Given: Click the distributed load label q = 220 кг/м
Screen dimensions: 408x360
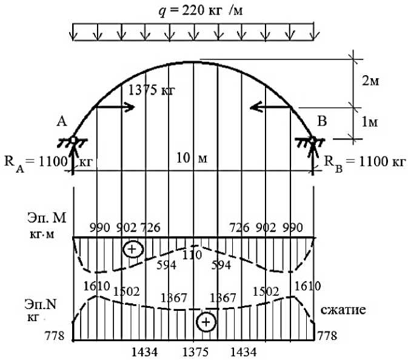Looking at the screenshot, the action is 192,10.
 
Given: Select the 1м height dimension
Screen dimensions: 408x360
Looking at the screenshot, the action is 369,122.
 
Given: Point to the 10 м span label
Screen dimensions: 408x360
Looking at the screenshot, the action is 193,159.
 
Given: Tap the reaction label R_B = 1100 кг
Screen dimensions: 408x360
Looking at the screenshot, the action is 364,162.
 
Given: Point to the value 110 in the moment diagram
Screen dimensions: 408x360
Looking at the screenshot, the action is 192,256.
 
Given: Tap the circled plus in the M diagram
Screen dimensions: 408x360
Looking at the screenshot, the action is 132,249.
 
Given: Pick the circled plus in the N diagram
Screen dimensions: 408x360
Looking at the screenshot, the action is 207,322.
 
